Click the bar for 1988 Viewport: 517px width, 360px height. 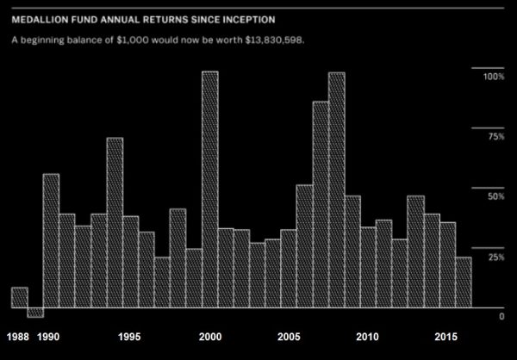20,297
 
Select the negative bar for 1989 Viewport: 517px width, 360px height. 35,312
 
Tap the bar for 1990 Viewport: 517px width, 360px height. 51,240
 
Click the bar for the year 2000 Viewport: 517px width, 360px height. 209,189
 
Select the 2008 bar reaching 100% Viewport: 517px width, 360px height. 336,189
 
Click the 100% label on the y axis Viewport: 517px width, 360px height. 492,78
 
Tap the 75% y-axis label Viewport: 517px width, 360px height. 495,137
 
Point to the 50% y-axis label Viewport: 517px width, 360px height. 495,197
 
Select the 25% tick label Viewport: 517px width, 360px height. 495,258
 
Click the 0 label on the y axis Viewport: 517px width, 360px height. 501,317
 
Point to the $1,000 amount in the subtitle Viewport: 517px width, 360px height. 140,40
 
